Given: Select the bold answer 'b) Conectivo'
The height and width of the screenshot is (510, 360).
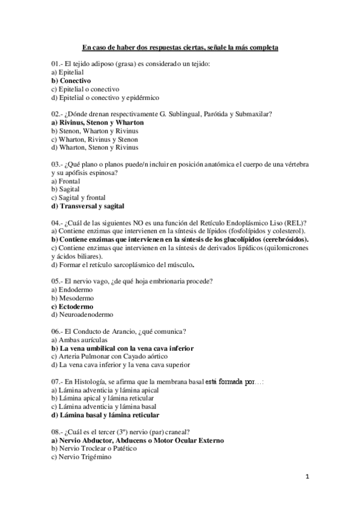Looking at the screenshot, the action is pos(71,81).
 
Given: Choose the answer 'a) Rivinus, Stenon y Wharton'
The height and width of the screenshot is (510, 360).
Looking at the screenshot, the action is pos(97,122).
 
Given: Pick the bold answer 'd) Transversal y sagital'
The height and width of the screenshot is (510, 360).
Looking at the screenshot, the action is pos(88,206).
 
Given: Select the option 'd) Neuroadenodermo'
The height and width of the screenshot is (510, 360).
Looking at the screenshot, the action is pos(82,314).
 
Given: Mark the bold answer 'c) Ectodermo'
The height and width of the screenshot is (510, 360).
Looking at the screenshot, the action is pos(74,306).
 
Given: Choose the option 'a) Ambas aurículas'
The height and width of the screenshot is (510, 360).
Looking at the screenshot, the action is pos(79,340).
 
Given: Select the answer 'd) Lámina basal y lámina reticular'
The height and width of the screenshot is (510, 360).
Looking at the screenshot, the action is pos(105,414).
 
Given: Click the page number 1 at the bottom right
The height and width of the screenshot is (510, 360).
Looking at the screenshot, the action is pos(307,477).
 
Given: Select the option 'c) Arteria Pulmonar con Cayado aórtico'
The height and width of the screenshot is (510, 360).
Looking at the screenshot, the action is pos(112,356).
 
